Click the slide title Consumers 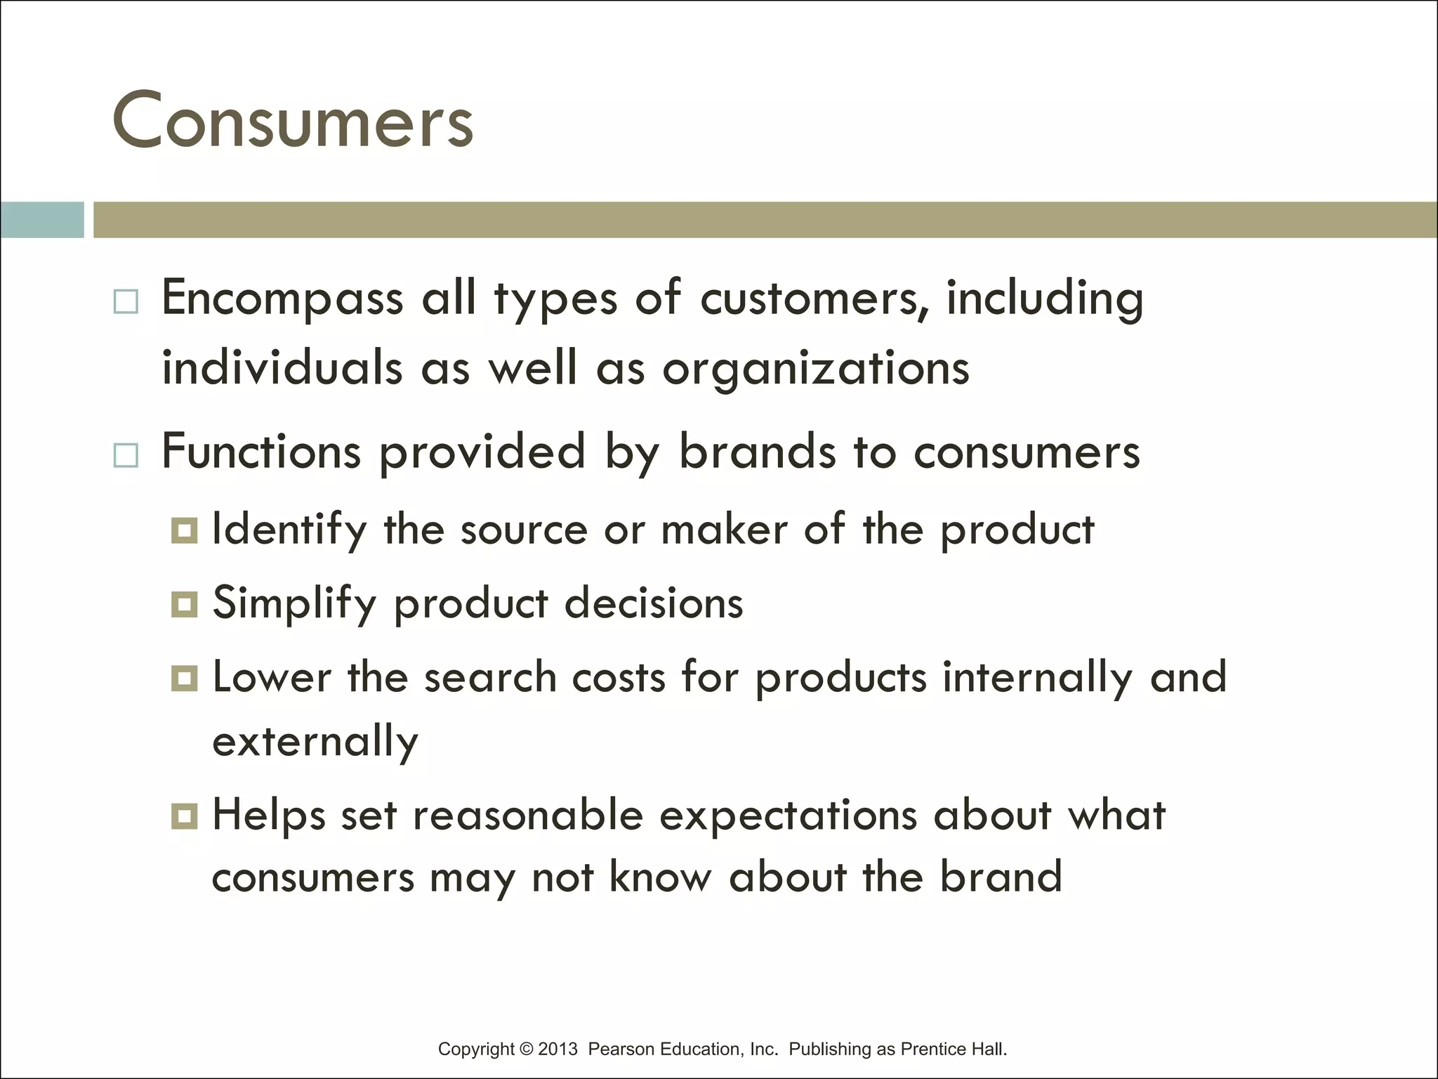click(x=292, y=121)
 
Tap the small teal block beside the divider click(x=42, y=220)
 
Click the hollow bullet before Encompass click(x=126, y=302)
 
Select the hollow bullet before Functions click(x=126, y=456)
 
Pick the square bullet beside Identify click(x=184, y=530)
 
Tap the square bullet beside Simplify click(x=184, y=604)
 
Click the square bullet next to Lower click(x=184, y=678)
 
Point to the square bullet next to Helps click(x=184, y=816)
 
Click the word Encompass click(x=282, y=298)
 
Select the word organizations click(x=816, y=368)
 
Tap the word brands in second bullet click(x=758, y=451)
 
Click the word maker click(x=724, y=529)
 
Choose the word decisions click(x=654, y=603)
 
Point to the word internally click(x=1037, y=677)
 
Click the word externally click(x=315, y=742)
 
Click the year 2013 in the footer click(x=558, y=1049)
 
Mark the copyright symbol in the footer click(x=526, y=1049)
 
